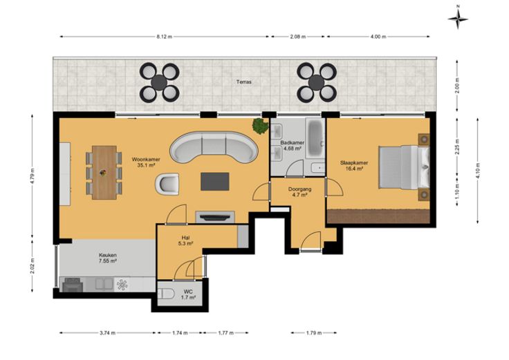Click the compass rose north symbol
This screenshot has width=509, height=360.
458,19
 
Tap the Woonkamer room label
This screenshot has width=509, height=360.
146,159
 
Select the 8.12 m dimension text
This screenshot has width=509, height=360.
164,37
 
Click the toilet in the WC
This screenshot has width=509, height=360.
166,294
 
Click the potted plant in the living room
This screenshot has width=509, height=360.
261,126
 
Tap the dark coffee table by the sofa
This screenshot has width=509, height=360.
215,182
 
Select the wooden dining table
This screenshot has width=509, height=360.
104,173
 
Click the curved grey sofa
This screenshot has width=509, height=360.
214,148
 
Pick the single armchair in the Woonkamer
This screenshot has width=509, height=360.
167,184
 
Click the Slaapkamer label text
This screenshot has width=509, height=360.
354,163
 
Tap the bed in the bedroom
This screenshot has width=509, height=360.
404,167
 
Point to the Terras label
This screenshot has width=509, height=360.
244,82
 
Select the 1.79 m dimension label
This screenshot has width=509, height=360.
314,333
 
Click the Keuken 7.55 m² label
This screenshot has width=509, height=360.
108,258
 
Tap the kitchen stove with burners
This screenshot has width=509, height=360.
73,285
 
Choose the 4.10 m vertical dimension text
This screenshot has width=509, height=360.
478,171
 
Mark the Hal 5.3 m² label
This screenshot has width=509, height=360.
185,240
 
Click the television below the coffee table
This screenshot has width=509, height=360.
214,217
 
